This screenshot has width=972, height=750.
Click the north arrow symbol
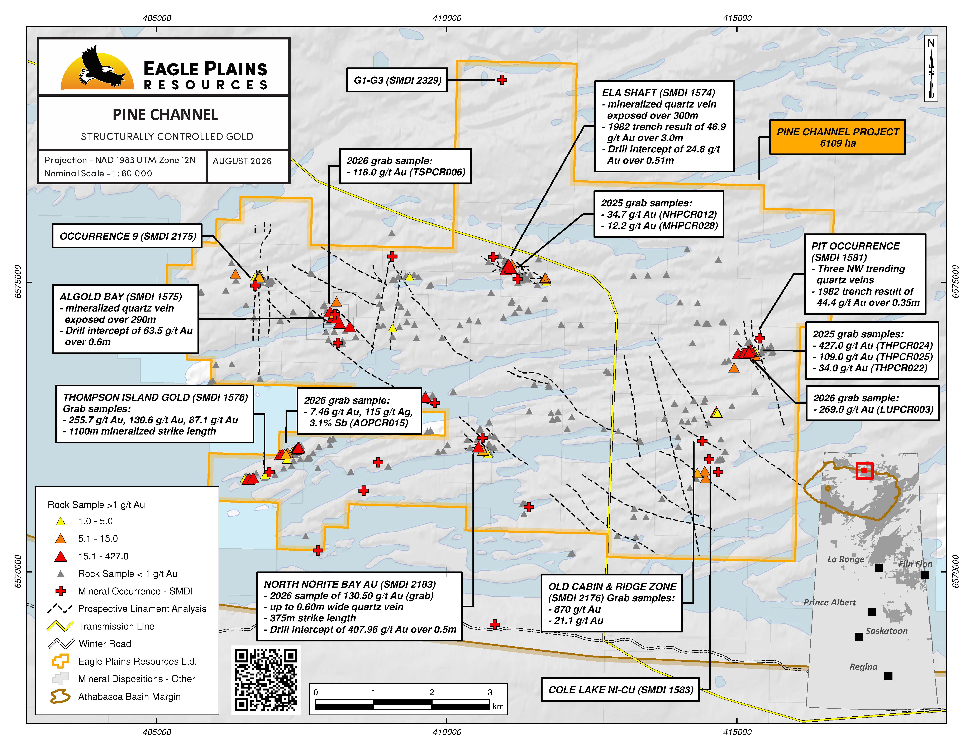931,69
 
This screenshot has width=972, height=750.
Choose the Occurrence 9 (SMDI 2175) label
128,236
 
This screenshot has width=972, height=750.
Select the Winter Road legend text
105,644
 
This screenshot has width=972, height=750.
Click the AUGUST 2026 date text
242,161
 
